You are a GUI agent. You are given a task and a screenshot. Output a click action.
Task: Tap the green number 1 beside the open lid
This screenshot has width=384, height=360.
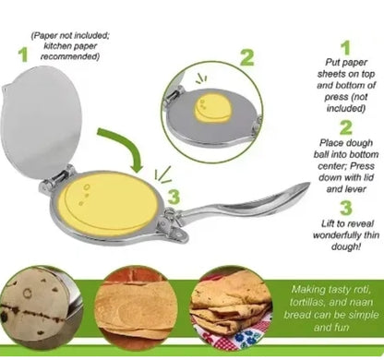23,54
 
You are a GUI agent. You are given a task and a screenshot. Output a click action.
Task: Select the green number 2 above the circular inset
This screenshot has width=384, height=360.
247,57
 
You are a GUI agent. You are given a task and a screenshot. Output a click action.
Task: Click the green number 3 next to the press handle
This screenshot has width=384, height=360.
174,197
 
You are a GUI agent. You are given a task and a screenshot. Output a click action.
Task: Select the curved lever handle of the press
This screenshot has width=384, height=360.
246,203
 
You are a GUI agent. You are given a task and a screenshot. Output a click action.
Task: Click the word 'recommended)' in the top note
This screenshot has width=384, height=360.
70,57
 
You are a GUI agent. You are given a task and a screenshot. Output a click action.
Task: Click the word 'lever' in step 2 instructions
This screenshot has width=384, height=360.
354,189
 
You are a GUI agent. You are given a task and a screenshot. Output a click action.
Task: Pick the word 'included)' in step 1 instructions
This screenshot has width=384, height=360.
345,108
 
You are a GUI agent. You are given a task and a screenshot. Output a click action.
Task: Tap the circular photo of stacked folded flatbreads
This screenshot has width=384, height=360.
232,307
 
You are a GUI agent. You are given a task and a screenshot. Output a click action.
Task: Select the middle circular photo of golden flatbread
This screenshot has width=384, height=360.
136,307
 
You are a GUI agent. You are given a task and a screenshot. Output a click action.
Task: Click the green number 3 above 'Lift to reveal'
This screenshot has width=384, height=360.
346,208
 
